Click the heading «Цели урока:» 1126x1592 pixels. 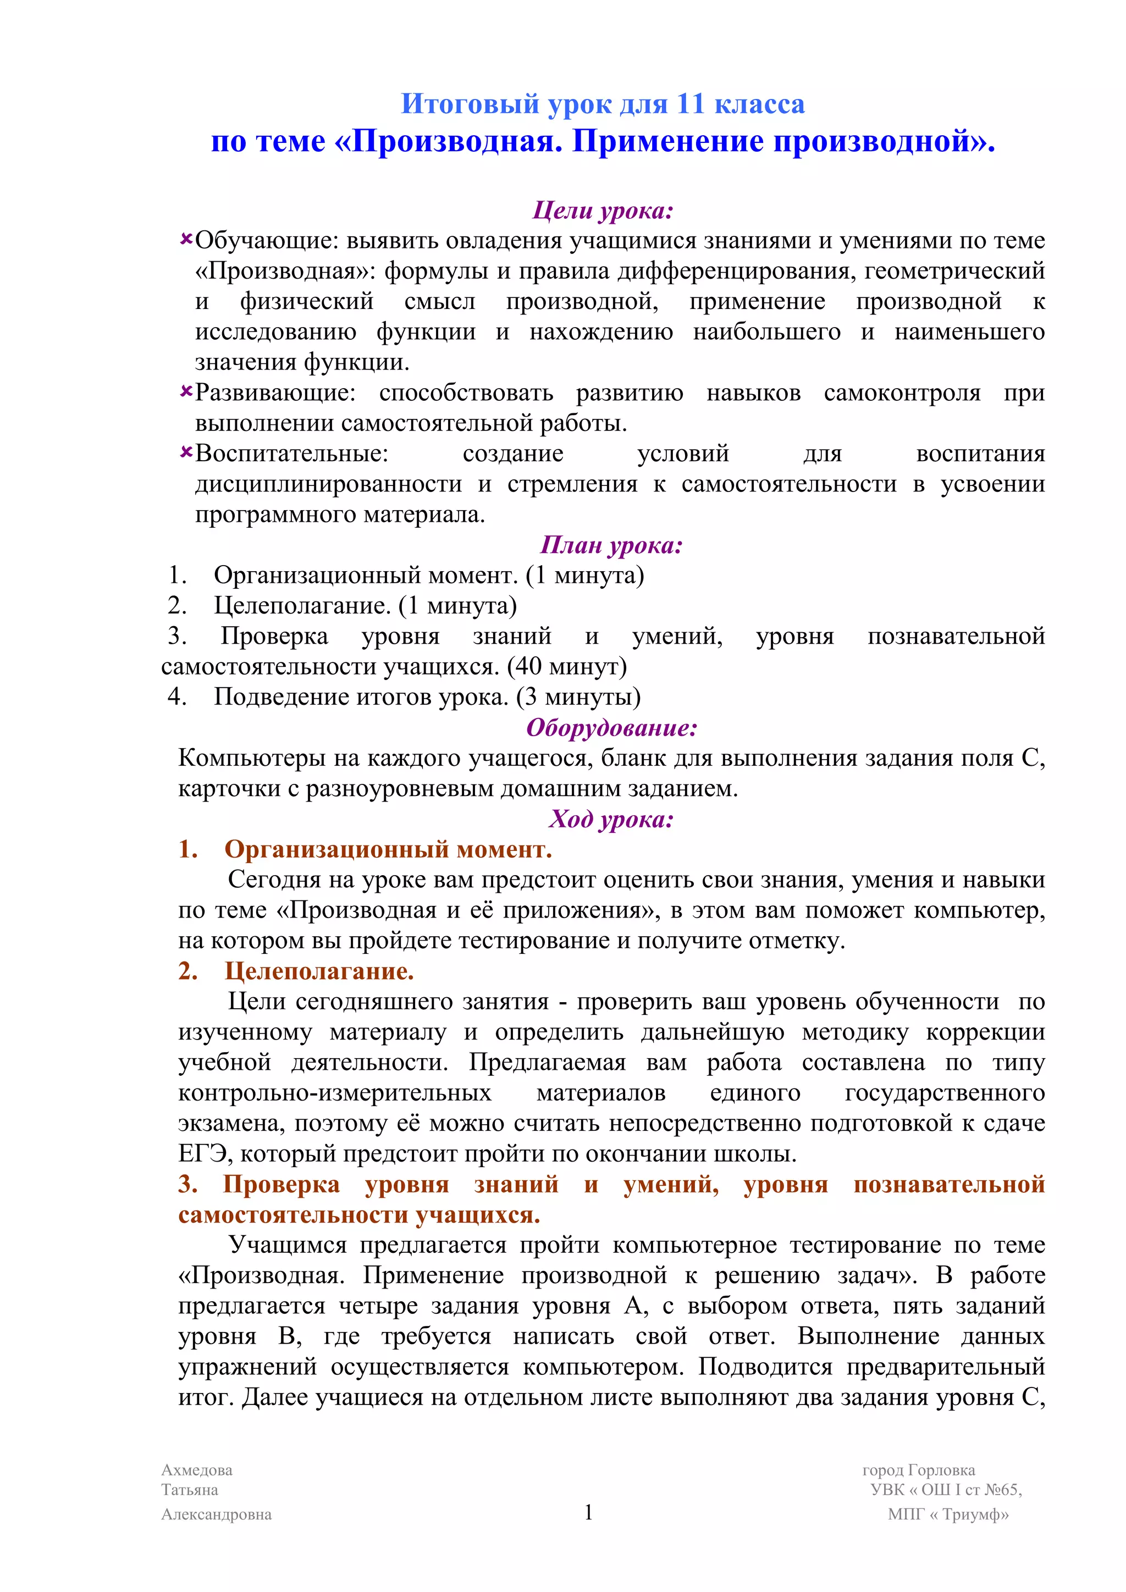[x=603, y=210]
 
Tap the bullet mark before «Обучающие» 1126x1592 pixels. [x=186, y=239]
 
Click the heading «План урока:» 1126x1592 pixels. [x=611, y=545]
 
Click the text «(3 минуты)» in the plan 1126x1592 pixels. [x=578, y=696]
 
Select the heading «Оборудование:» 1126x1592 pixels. [x=611, y=727]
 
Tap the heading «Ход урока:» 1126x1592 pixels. [x=611, y=819]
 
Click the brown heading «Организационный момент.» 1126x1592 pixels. [x=388, y=849]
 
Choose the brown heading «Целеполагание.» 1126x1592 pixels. [x=319, y=971]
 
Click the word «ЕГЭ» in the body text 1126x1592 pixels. [x=202, y=1154]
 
